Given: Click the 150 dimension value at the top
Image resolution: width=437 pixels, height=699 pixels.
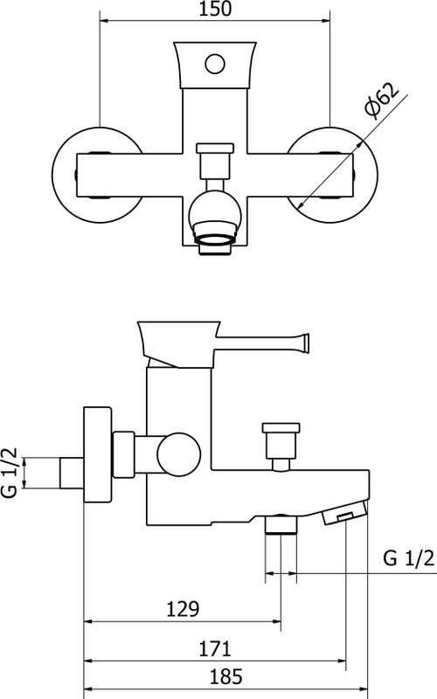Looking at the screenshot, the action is tap(215, 9).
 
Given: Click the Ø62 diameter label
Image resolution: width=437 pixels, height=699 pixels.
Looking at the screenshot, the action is tap(380, 100).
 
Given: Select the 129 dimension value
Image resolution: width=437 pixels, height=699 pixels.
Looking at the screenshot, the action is tap(183, 609).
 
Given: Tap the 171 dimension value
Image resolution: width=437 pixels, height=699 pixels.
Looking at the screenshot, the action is tap(215, 648).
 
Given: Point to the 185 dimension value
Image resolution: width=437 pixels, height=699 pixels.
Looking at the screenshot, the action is tap(226, 676).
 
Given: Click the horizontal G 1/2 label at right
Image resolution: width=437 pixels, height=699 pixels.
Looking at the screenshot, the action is tap(408, 557).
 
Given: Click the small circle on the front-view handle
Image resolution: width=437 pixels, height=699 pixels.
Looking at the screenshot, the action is tap(215, 64).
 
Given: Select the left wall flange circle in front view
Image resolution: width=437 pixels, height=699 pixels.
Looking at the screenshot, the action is tap(98, 175).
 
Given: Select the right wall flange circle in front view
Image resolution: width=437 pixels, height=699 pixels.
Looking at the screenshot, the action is tap(332, 175).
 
